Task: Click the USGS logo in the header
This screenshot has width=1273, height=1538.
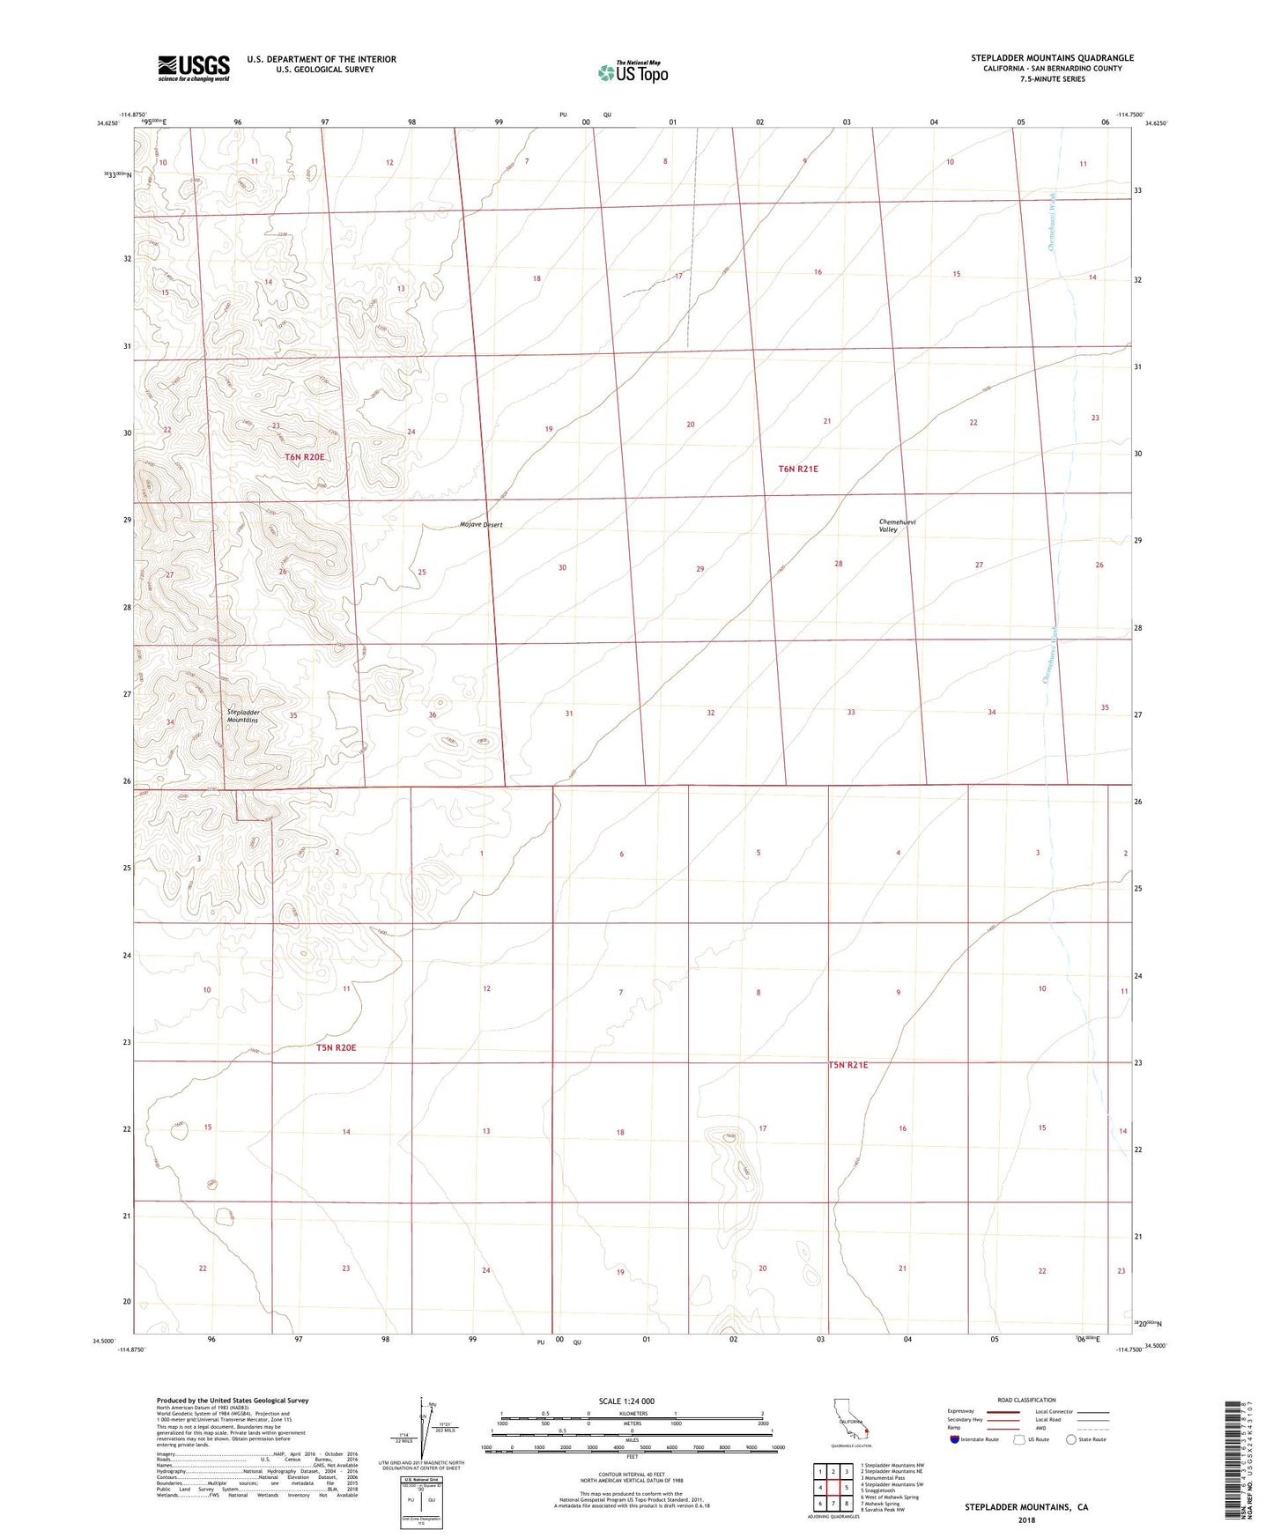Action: point(194,68)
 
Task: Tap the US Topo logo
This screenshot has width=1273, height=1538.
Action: point(632,72)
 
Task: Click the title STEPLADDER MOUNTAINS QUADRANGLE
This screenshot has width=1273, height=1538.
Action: point(1052,58)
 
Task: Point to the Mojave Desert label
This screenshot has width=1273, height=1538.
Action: point(481,525)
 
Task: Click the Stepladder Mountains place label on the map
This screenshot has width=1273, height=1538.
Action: point(242,716)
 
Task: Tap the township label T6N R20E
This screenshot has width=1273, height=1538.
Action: point(305,457)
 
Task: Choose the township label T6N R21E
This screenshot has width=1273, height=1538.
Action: point(798,470)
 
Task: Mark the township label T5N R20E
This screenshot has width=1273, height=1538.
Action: point(336,1047)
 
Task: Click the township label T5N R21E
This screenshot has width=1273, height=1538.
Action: point(847,1065)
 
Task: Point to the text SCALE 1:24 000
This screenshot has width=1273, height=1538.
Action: point(626,1401)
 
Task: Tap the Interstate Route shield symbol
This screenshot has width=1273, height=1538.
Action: point(955,1439)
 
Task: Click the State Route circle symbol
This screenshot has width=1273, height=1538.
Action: point(1071,1439)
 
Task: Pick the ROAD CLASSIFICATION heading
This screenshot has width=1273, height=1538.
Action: point(1026,1400)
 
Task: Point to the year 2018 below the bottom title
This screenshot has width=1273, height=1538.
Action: point(1025,1520)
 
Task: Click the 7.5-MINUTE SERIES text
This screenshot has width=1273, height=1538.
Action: point(1052,79)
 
